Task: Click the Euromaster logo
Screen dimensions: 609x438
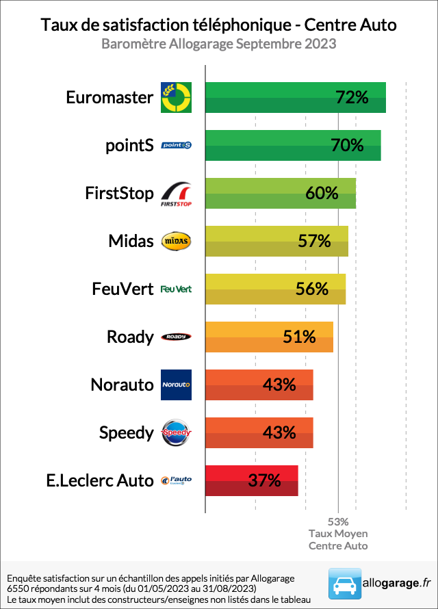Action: pyautogui.click(x=176, y=97)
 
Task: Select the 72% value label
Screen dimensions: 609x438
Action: pyautogui.click(x=352, y=97)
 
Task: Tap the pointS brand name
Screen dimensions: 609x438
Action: pyautogui.click(x=130, y=145)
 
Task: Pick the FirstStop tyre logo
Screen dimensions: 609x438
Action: pyautogui.click(x=176, y=194)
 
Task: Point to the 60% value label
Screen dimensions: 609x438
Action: pyautogui.click(x=322, y=193)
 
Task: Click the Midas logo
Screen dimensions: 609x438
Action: pyautogui.click(x=176, y=241)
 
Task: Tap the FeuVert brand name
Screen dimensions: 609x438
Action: pyautogui.click(x=123, y=289)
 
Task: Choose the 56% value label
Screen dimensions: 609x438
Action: pyautogui.click(x=312, y=289)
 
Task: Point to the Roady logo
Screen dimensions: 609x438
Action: pyautogui.click(x=176, y=337)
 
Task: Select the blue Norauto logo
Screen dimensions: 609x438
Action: pyautogui.click(x=176, y=385)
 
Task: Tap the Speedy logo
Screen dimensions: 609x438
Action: pyautogui.click(x=176, y=432)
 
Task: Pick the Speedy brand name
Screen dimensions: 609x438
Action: pyautogui.click(x=127, y=432)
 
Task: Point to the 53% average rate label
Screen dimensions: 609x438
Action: pyautogui.click(x=338, y=521)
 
